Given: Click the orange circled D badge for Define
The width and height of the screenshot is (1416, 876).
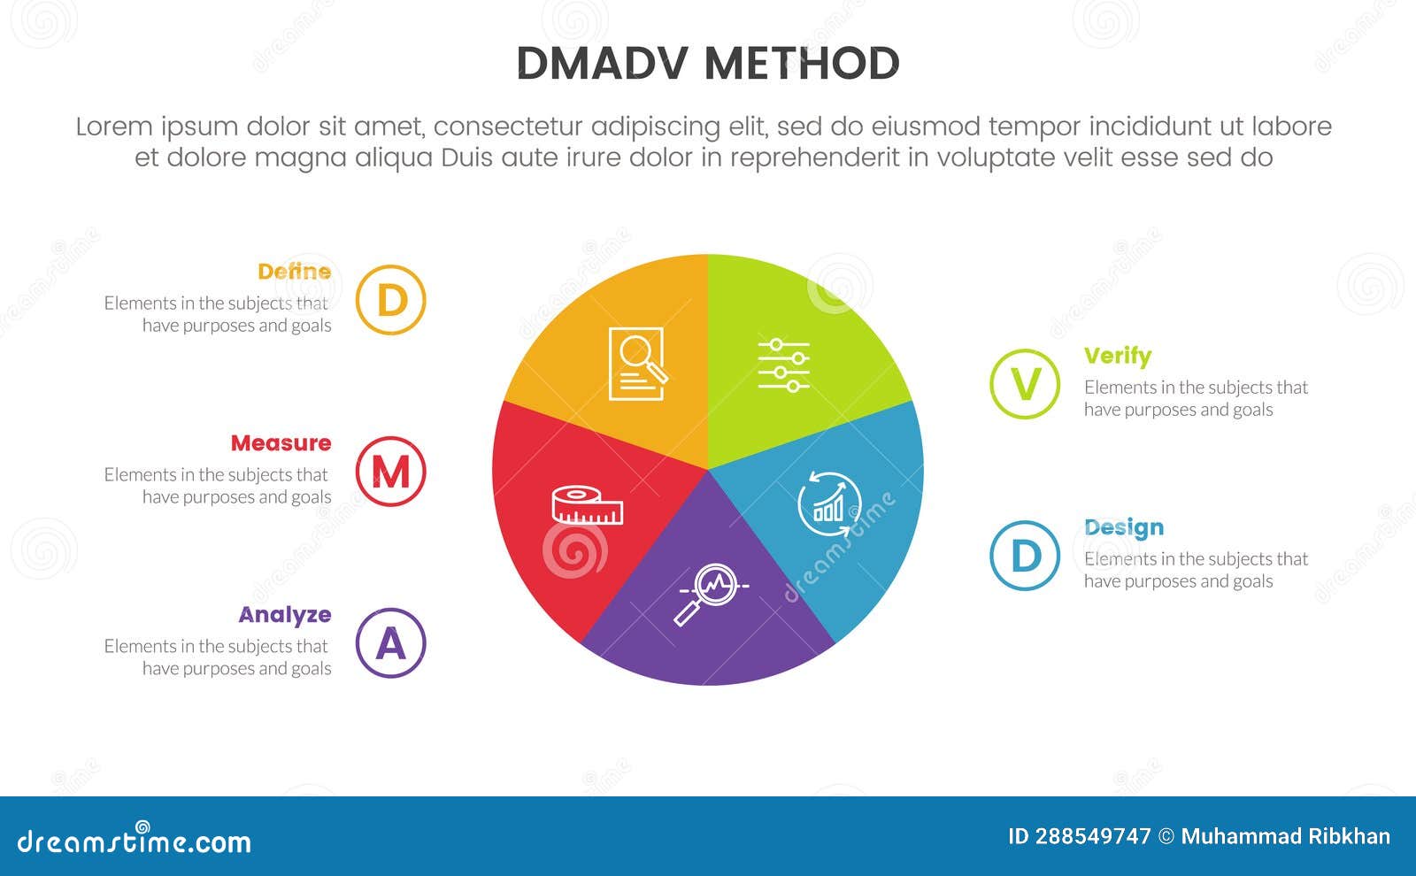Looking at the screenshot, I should pos(391,300).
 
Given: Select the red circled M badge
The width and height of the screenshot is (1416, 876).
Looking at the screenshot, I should pos(391,472).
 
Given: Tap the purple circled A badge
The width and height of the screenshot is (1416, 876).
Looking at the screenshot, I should pos(391,643).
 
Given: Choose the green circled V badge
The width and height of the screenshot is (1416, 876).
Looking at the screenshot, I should pos(1025,384).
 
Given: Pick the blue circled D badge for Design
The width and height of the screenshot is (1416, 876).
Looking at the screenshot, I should pos(1025,556).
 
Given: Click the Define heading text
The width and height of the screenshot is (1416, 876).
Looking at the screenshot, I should pos(294,272).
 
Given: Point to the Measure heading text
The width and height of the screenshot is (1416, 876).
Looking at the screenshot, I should pos(281,443).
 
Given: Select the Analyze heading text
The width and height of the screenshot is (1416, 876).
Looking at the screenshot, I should pos(284,615).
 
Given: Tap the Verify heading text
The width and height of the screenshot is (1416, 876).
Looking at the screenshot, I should pos(1118,356).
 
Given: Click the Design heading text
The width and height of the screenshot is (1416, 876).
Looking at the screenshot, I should pos(1124,527).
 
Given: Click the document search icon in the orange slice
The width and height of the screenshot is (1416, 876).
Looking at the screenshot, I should pos(637,364).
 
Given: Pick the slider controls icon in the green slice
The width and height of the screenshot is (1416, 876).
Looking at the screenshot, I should pos(783,365).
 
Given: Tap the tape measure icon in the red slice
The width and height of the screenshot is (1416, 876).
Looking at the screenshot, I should pos(587,505).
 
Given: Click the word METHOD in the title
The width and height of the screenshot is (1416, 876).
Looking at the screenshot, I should pos(802,64).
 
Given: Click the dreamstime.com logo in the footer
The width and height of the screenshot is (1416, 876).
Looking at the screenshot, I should pos(135,841).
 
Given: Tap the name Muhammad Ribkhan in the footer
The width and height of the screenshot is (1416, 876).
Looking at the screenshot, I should pos(1285,836).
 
